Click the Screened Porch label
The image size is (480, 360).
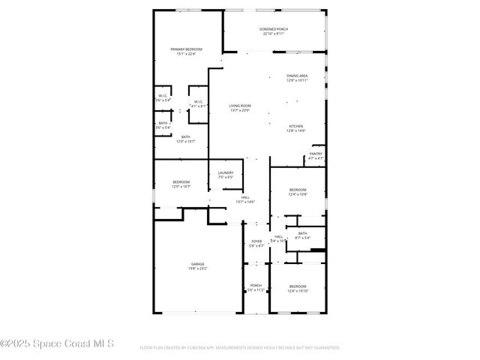point(275,29)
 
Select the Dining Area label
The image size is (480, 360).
point(297,76)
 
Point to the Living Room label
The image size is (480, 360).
point(240,106)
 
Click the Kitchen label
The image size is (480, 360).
point(296,126)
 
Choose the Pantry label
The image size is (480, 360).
point(316,154)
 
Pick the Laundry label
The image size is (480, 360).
point(226,173)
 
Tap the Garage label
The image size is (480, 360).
point(197,264)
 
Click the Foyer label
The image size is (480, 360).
point(256,241)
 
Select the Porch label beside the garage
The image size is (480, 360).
point(256,285)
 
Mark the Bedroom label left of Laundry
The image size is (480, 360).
point(181,182)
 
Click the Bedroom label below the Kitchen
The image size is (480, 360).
point(298,190)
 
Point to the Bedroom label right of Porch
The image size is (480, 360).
point(298,286)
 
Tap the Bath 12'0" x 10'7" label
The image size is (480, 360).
point(185,136)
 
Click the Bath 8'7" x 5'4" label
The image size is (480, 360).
point(302,233)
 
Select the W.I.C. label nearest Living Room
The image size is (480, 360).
point(199,102)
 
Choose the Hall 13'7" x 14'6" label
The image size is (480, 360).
point(245,197)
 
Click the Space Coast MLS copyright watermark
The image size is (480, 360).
point(57,343)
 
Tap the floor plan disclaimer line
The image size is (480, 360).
point(240,348)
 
